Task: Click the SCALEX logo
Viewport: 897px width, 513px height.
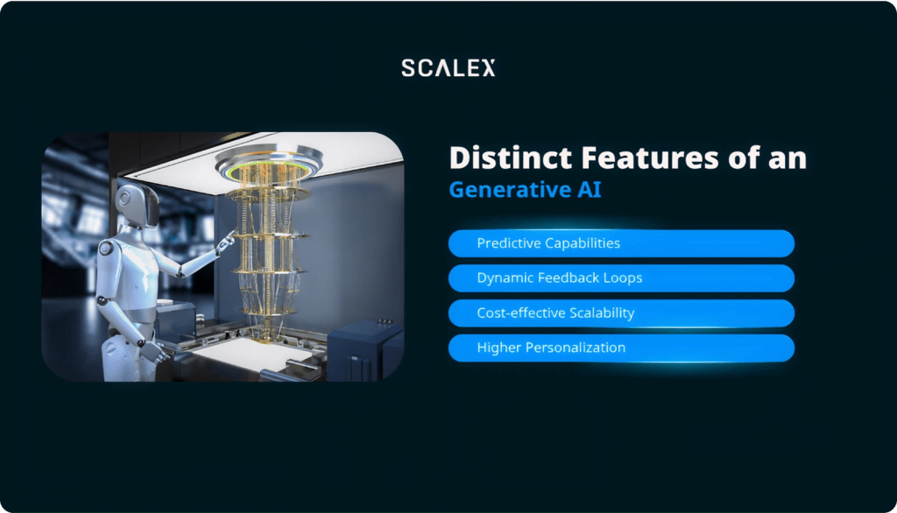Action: (x=448, y=68)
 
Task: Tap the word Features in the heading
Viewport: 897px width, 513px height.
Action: (x=650, y=158)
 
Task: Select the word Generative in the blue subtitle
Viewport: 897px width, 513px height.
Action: (x=510, y=190)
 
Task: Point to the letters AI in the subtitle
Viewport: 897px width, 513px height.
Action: (x=590, y=190)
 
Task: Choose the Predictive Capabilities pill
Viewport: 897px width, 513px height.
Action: (x=621, y=243)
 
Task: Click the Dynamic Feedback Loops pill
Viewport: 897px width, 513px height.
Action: (x=621, y=278)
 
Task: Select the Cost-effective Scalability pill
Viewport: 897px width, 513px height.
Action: (x=621, y=313)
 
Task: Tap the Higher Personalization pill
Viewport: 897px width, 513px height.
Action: (x=621, y=348)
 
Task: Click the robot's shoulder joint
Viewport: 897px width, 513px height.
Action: (x=106, y=249)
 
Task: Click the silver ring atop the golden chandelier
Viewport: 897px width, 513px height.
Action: (x=269, y=158)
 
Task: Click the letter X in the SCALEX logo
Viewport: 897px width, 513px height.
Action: (x=487, y=68)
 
